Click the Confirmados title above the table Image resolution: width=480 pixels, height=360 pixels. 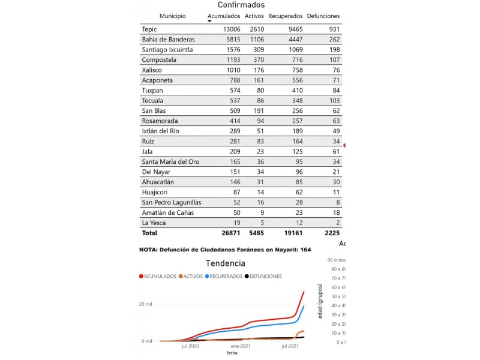pos(241,5)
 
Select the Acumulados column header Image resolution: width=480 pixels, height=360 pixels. pos(223,16)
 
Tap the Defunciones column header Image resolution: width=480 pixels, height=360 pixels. pos(323,16)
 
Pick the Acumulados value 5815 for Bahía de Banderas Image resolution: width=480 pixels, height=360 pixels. pos(230,40)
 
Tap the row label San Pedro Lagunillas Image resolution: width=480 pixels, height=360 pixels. pos(171,202)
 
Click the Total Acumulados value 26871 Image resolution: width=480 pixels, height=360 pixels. pos(228,233)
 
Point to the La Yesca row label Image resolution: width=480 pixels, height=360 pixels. pos(153,223)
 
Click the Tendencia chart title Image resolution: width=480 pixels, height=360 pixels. pos(225,263)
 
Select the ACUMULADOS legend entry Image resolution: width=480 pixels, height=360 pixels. pos(158,277)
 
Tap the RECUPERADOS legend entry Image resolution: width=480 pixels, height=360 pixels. pos(224,277)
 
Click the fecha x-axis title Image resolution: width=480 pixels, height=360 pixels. pos(232,353)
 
